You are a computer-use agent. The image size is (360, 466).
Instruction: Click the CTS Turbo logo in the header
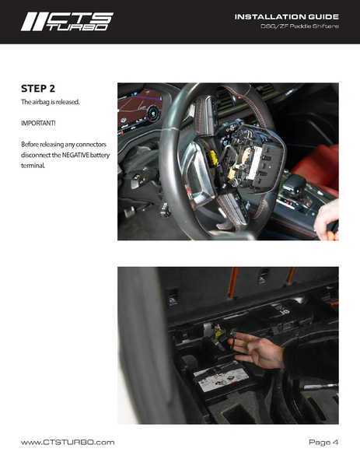(66, 22)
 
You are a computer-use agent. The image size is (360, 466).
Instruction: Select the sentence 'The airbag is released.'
(51, 102)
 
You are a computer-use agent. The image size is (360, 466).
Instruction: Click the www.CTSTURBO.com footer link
(68, 442)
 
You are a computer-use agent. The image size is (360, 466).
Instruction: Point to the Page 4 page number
(323, 442)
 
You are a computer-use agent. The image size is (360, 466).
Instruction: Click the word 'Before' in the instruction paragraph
(32, 145)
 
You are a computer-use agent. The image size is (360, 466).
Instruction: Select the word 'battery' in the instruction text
(100, 155)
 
